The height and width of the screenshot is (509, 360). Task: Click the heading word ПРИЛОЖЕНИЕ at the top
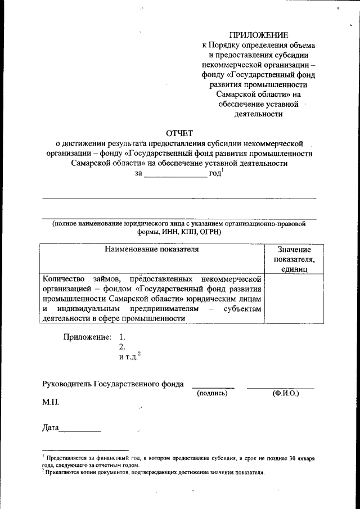(x=259, y=35)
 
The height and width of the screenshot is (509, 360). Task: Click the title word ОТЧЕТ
(x=179, y=133)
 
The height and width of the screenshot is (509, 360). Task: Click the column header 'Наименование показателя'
(x=152, y=248)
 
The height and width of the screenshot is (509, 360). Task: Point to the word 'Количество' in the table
(x=63, y=278)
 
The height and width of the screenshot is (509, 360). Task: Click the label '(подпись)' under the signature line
(x=212, y=393)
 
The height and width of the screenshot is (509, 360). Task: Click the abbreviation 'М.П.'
(x=50, y=403)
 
